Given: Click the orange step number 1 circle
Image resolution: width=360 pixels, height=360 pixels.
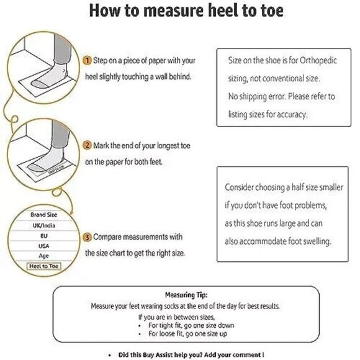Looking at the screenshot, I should point(88,60).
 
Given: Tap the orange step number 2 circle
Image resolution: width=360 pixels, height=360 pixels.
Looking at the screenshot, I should point(88,145).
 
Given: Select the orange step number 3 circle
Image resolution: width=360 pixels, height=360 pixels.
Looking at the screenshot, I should point(88,237).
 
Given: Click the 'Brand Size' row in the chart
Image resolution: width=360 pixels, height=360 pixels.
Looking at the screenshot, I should point(43,215).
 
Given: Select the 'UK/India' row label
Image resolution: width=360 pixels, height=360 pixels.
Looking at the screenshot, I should point(43,225).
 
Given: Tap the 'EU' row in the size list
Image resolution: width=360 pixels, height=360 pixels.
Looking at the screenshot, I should point(43,236).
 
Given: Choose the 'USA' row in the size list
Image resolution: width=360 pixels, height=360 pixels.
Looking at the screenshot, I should point(43,246).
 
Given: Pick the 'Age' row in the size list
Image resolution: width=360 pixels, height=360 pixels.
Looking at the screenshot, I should point(43,256).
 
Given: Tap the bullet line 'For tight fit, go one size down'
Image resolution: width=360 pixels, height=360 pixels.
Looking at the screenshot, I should point(189,325).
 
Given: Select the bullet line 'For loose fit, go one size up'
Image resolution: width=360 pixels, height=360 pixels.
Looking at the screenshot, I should point(187,333).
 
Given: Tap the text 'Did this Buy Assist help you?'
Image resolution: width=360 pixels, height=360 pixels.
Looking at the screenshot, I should point(157,354).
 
